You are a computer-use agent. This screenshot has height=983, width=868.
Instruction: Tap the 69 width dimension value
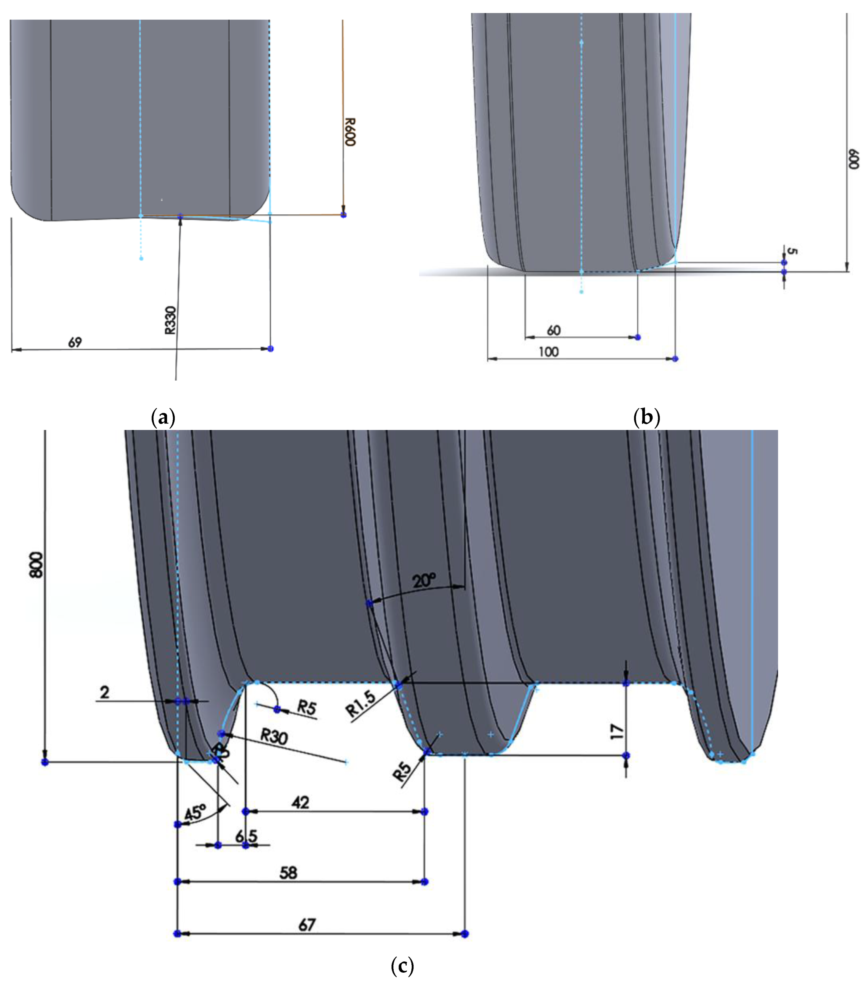tap(75, 343)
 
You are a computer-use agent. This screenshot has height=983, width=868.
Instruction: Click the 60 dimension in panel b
tap(554, 330)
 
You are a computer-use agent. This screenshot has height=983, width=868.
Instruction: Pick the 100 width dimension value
tap(548, 352)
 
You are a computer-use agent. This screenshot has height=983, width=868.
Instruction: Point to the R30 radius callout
tap(274, 736)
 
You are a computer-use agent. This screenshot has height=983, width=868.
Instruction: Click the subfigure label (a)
tap(163, 418)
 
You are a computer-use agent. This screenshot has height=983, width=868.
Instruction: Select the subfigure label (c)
tap(403, 966)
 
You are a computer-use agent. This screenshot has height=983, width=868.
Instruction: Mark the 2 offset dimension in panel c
tap(104, 692)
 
